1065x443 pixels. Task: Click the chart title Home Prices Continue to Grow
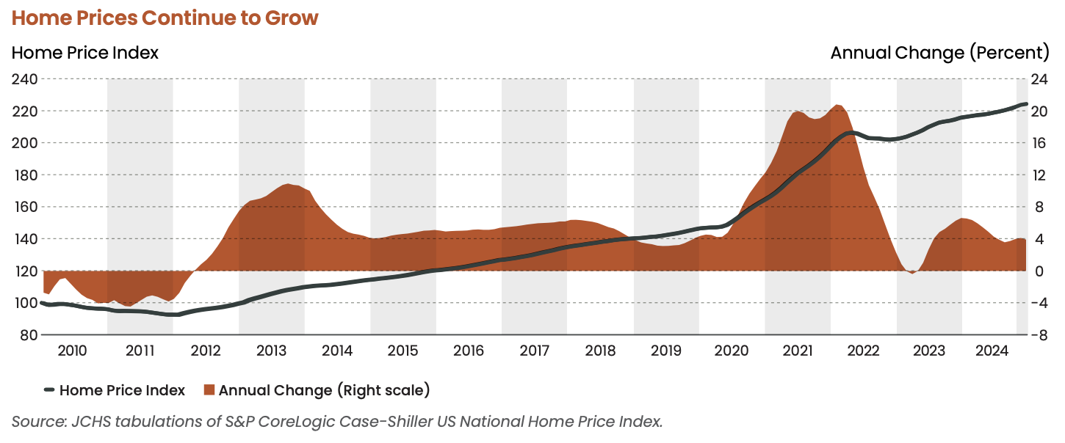coord(165,18)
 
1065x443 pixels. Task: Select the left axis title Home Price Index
coord(85,53)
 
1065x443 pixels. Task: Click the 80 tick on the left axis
coord(28,335)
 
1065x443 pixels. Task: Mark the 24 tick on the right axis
coord(1039,78)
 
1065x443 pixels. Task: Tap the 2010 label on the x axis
coord(72,351)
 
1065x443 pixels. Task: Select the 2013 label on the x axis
coord(271,351)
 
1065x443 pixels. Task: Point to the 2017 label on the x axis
coord(534,351)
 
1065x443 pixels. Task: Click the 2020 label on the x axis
coord(732,351)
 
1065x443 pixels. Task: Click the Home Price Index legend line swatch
coord(49,390)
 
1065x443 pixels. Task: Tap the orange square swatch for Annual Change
coord(209,390)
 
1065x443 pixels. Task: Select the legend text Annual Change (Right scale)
coord(324,390)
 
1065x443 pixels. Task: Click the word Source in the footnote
coord(32,422)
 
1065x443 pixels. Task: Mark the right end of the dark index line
coord(1025,104)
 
